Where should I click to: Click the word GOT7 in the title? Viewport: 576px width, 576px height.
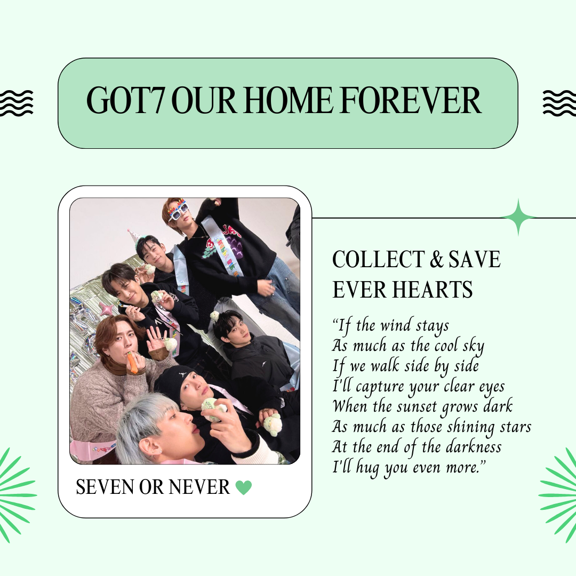[124, 100]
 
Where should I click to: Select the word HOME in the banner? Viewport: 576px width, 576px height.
[288, 100]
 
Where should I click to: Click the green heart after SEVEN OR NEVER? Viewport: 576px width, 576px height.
[244, 487]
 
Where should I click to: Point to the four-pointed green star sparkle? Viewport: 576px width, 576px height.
[518, 218]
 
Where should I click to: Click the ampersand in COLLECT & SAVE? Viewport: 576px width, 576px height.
[436, 259]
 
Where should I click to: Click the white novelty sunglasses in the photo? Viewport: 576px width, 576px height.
[178, 211]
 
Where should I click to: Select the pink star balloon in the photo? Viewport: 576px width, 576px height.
[107, 308]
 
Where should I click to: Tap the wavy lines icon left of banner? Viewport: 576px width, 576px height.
[16, 103]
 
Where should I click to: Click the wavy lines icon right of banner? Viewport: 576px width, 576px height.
[559, 103]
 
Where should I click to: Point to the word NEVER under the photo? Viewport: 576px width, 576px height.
[199, 487]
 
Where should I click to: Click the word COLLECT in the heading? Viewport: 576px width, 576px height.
[378, 259]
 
